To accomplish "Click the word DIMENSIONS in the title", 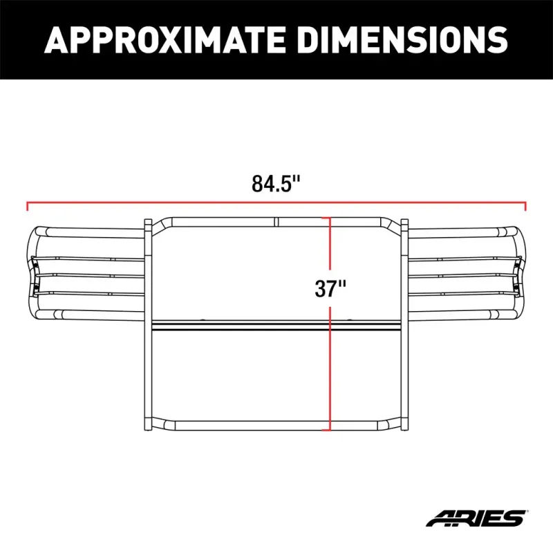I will (394, 40).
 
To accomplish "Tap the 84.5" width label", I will (276, 185).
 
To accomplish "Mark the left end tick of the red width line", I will (27, 205).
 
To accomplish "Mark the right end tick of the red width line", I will (526, 205).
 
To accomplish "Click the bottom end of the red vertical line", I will (330, 429).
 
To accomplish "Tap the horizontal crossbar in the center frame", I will (242, 324).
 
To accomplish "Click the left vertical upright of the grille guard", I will (148, 325).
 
